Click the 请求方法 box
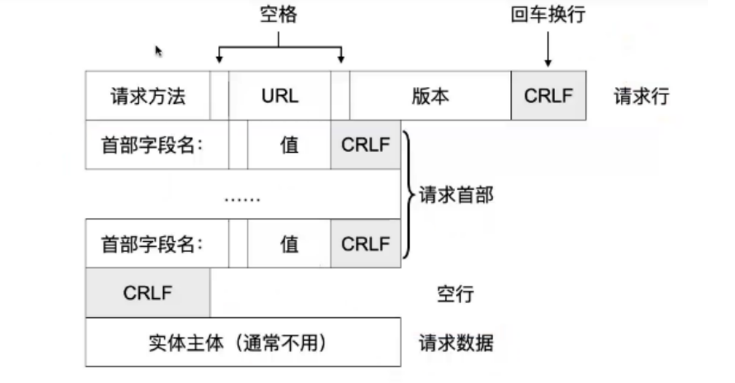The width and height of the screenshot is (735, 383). [148, 96]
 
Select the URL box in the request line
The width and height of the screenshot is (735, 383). [280, 96]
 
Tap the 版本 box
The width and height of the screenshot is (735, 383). [430, 96]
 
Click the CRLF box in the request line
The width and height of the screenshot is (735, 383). [548, 96]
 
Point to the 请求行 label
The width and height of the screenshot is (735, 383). [641, 96]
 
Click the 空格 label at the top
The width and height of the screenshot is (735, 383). [279, 15]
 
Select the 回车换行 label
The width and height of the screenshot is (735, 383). [548, 15]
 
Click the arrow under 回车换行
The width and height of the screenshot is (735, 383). [548, 49]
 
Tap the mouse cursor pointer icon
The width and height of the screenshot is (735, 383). [159, 51]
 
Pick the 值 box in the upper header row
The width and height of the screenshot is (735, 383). [289, 145]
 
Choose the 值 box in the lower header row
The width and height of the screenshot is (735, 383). [289, 244]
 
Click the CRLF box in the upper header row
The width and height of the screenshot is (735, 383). [365, 145]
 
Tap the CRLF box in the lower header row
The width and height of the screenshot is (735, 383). [365, 244]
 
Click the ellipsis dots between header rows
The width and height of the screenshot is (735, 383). [243, 198]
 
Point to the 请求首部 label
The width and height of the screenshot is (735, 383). [456, 195]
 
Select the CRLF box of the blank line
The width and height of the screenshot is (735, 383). [148, 293]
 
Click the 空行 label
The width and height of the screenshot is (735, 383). [455, 294]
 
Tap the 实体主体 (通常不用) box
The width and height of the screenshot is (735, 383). [243, 342]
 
